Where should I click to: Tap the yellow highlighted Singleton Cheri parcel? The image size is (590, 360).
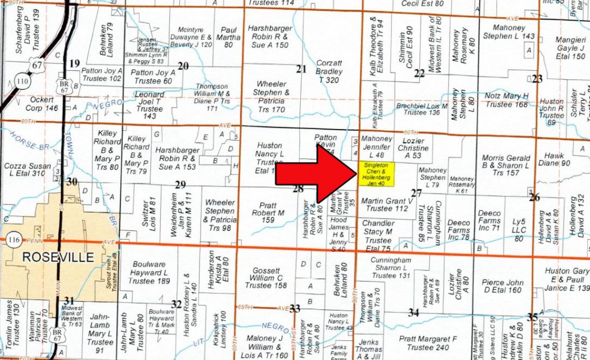click(x=376, y=174)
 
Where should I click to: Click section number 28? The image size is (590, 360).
click(x=298, y=188)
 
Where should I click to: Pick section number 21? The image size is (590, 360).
click(x=301, y=69)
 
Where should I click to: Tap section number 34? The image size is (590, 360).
click(x=413, y=313)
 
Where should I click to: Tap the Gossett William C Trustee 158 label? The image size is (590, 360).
click(x=265, y=278)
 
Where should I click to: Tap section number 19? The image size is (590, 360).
click(x=74, y=63)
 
